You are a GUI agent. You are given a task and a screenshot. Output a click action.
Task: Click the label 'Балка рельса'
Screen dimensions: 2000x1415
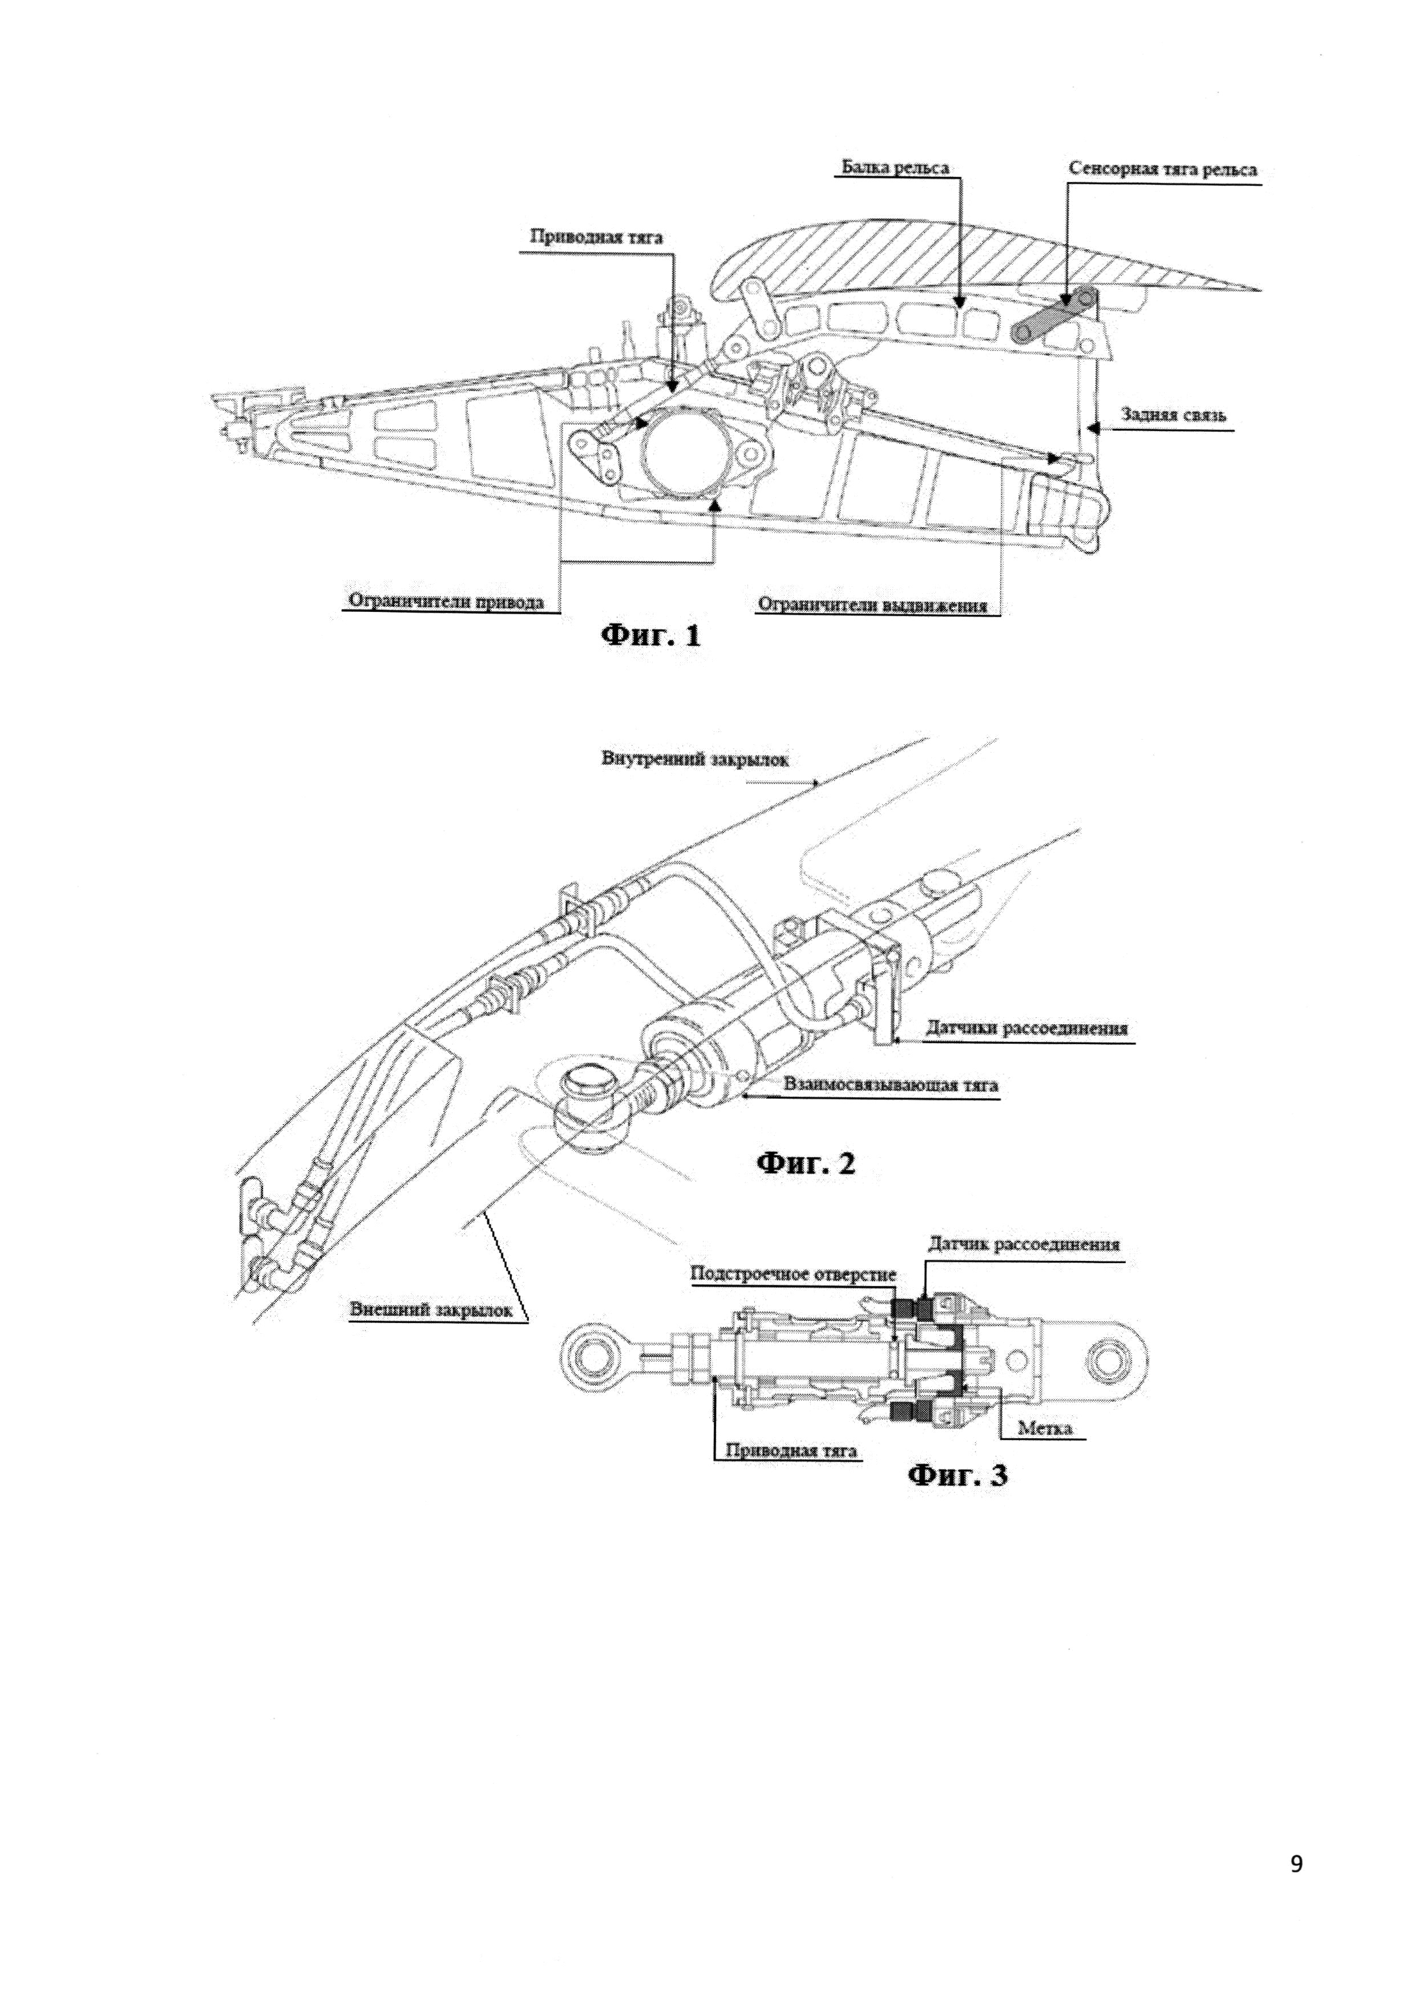[895, 167]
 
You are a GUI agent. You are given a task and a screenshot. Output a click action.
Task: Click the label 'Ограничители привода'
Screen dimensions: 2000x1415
[446, 601]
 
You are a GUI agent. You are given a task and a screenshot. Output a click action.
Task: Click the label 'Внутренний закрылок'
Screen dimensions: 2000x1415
[694, 758]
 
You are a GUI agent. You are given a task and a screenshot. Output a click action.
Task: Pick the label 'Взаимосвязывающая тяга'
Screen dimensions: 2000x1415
[891, 1085]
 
